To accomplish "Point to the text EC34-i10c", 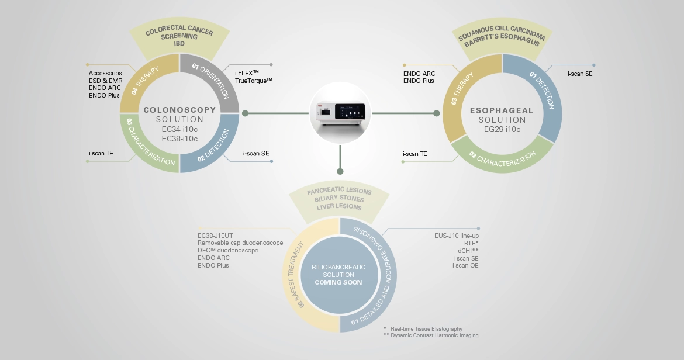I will point(179,130).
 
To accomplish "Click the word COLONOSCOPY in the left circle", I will point(179,109).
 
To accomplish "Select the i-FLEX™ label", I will point(247,72).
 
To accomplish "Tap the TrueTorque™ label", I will point(254,80).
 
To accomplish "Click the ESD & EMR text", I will point(105,80).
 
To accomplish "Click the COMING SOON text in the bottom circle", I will point(338,282).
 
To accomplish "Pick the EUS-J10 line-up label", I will point(457,236).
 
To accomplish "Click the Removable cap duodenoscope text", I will point(240,243).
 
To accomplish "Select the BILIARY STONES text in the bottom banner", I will point(338,199).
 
